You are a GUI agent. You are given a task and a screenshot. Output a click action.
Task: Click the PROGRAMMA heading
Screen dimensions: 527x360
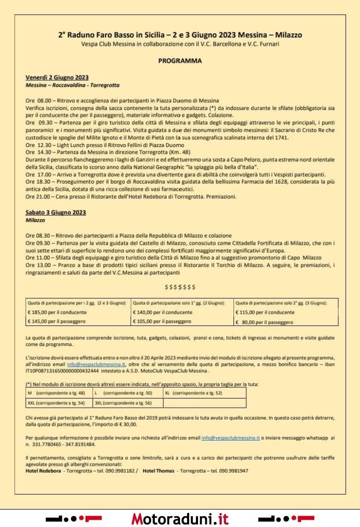[180, 60]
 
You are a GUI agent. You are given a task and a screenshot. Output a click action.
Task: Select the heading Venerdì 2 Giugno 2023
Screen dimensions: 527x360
[56, 77]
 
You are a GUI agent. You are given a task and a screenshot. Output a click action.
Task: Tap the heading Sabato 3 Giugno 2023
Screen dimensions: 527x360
[56, 212]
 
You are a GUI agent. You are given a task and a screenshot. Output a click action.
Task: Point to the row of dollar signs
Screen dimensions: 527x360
[180, 286]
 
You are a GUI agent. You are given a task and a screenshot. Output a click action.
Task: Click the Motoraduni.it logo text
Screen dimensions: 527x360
[180, 518]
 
